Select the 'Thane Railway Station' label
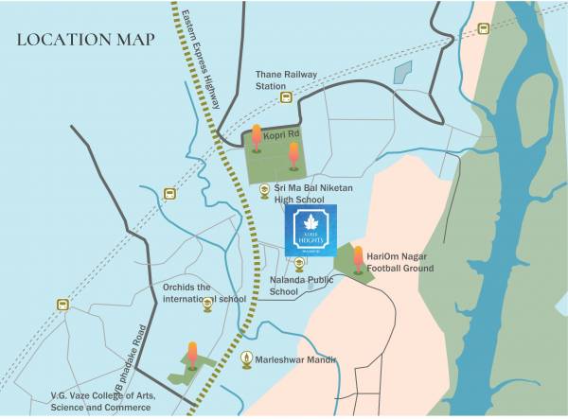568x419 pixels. [286, 79]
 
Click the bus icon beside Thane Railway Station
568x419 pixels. [281, 96]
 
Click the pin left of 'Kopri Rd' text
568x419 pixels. [257, 137]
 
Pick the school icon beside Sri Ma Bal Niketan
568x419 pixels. [264, 191]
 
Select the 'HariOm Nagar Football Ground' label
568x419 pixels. [400, 262]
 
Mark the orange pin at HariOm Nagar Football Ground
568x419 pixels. [358, 258]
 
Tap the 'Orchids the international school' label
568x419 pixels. [204, 293]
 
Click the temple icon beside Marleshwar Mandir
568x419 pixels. [247, 359]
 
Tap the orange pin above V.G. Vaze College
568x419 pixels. [193, 355]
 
